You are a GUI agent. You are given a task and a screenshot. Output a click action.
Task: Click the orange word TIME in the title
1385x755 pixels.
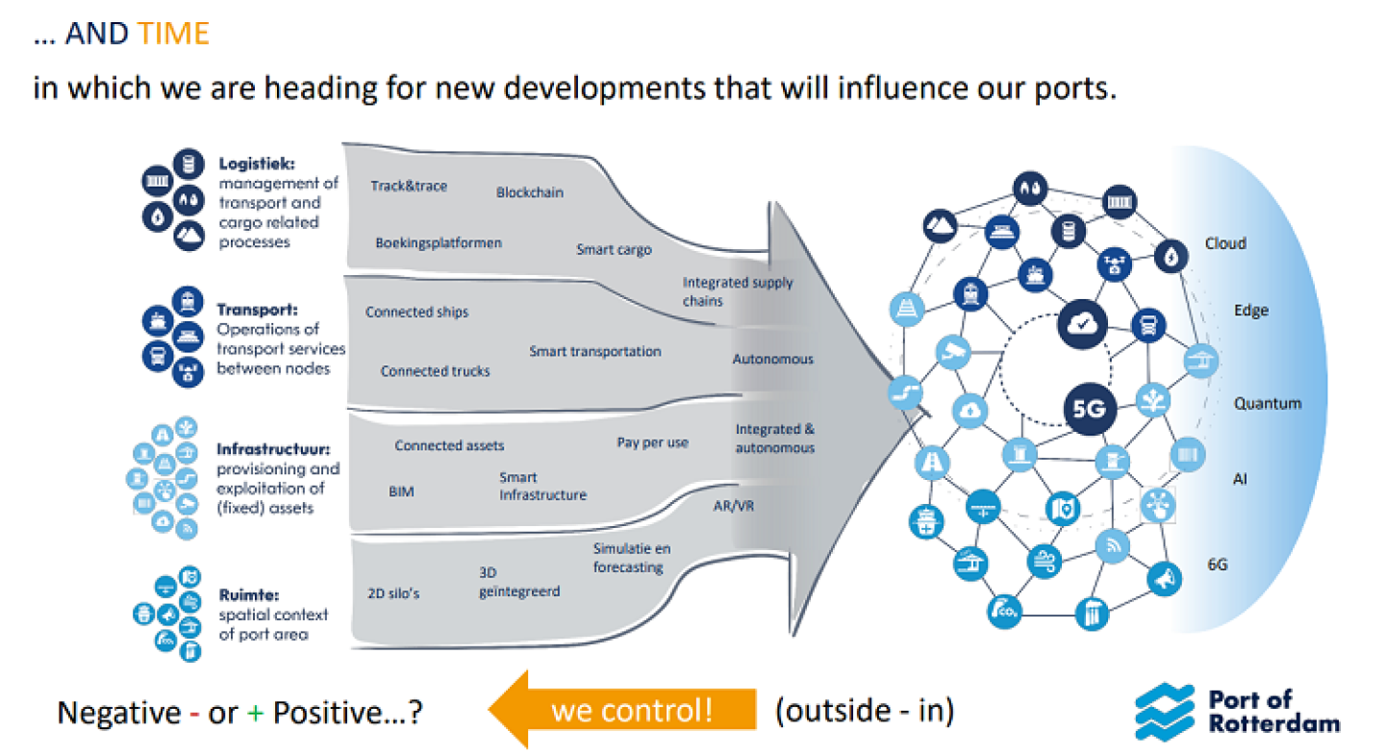(x=173, y=35)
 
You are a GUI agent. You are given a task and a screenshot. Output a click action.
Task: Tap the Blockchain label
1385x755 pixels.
(x=530, y=192)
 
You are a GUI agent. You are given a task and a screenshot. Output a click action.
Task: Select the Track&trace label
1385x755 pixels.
(x=409, y=186)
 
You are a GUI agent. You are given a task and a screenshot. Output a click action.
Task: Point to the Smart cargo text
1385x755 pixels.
(x=614, y=249)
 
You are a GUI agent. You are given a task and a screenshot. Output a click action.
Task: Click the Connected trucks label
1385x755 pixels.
(x=435, y=371)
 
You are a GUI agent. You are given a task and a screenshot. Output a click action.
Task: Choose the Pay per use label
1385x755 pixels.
(x=652, y=442)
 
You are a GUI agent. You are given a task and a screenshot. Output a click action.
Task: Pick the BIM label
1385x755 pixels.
(x=401, y=491)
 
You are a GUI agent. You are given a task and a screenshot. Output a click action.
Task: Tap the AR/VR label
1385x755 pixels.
(x=734, y=506)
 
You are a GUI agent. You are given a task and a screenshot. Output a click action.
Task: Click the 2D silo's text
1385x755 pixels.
(x=393, y=593)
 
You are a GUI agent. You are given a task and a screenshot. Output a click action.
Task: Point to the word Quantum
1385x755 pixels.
(x=1268, y=404)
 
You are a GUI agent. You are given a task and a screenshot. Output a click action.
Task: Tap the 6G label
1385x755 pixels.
(x=1218, y=566)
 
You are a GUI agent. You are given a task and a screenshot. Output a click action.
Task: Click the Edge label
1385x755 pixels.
(x=1251, y=311)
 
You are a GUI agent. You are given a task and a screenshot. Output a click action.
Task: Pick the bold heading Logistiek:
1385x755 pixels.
(x=254, y=164)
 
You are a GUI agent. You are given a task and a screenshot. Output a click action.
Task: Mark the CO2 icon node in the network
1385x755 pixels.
(x=1005, y=609)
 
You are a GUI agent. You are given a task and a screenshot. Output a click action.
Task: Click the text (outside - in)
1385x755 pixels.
(x=864, y=711)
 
